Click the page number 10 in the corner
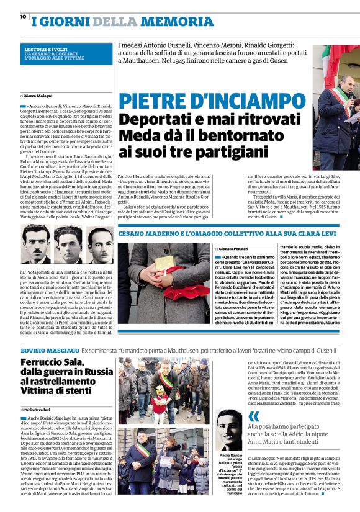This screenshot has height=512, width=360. [23, 17]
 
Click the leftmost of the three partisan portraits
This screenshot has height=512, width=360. [36, 245]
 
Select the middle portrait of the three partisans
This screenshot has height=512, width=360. [68, 245]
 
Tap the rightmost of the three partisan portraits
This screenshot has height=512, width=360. [99, 245]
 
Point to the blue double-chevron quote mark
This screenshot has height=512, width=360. [254, 417]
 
